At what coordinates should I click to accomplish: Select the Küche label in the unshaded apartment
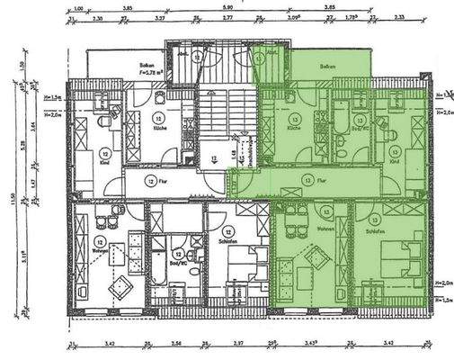[158, 128]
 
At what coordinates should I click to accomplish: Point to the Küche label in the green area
[293, 129]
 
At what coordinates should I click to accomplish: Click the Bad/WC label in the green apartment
[359, 129]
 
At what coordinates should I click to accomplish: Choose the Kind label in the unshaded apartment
[105, 164]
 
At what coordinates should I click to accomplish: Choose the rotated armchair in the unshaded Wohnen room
[120, 286]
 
